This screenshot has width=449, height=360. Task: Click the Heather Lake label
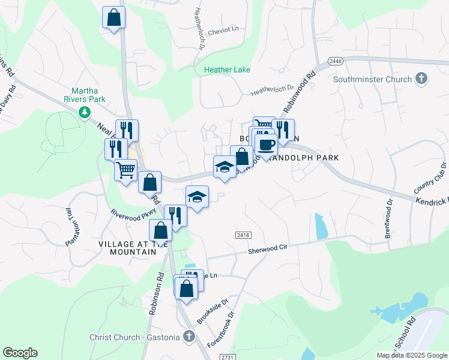point(227,70)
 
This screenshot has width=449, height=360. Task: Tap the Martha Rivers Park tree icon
point(85,112)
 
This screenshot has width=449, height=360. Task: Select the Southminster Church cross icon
point(421,79)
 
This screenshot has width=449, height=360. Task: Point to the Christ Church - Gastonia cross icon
point(189,337)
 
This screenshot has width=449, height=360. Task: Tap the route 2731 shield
point(226,356)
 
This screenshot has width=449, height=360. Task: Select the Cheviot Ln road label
point(226,28)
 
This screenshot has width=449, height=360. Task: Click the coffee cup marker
point(266,143)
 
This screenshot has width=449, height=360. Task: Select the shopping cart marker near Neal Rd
point(125,169)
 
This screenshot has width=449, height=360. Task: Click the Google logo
point(20,353)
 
